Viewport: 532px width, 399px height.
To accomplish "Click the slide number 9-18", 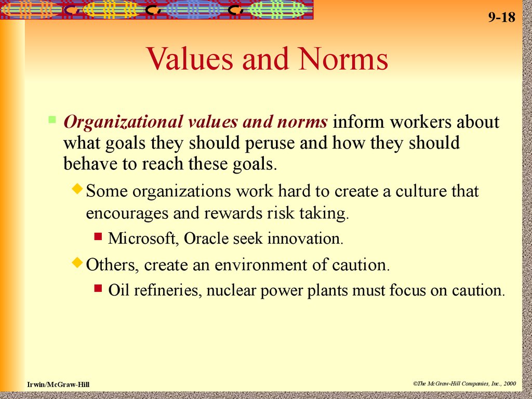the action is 502,17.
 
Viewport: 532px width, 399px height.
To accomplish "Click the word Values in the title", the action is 190,59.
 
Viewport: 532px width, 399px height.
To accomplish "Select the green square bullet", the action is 52,119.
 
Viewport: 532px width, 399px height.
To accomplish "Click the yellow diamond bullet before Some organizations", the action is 78,189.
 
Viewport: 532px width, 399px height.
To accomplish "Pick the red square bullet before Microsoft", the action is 98,236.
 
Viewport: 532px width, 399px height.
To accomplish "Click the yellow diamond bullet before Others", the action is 78,262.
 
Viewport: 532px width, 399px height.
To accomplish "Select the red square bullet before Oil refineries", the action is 98,288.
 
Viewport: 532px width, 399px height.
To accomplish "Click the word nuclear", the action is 231,291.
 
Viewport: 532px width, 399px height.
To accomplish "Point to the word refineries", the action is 168,290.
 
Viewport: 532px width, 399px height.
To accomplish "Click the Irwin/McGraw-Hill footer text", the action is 58,384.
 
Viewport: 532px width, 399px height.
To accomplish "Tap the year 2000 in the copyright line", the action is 510,384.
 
